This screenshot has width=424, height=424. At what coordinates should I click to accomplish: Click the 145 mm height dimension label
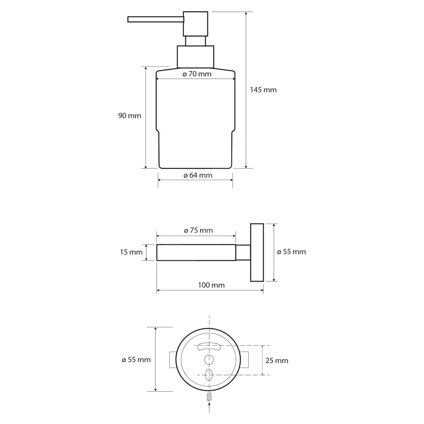[x=263, y=90]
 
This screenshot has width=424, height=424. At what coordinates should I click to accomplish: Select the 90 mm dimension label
[x=129, y=116]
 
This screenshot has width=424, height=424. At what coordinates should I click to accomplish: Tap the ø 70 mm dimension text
[x=197, y=74]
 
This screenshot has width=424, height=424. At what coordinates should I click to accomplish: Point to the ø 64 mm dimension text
[x=198, y=175]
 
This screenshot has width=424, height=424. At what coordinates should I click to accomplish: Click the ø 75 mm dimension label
[x=198, y=230]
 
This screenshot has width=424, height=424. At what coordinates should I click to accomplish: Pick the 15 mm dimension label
[x=131, y=252]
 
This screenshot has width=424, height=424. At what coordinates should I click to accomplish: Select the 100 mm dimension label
[x=211, y=285]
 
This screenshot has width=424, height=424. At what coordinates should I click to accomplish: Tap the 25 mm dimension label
[x=277, y=361]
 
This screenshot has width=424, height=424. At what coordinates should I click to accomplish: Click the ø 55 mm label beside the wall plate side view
[x=291, y=252]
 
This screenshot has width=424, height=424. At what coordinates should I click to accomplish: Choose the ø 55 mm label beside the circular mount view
[x=136, y=360]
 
